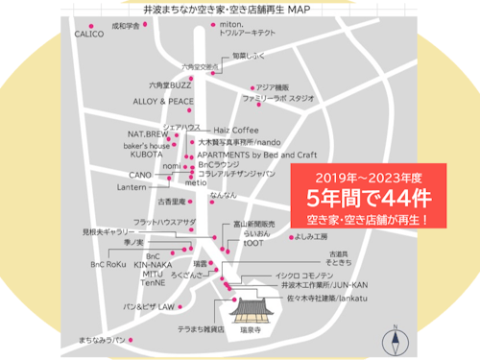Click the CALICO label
point(88,34)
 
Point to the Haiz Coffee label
point(235,129)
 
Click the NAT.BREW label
point(147,134)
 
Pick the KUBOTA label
point(147,155)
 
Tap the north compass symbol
point(394,339)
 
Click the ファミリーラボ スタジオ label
point(278,99)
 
